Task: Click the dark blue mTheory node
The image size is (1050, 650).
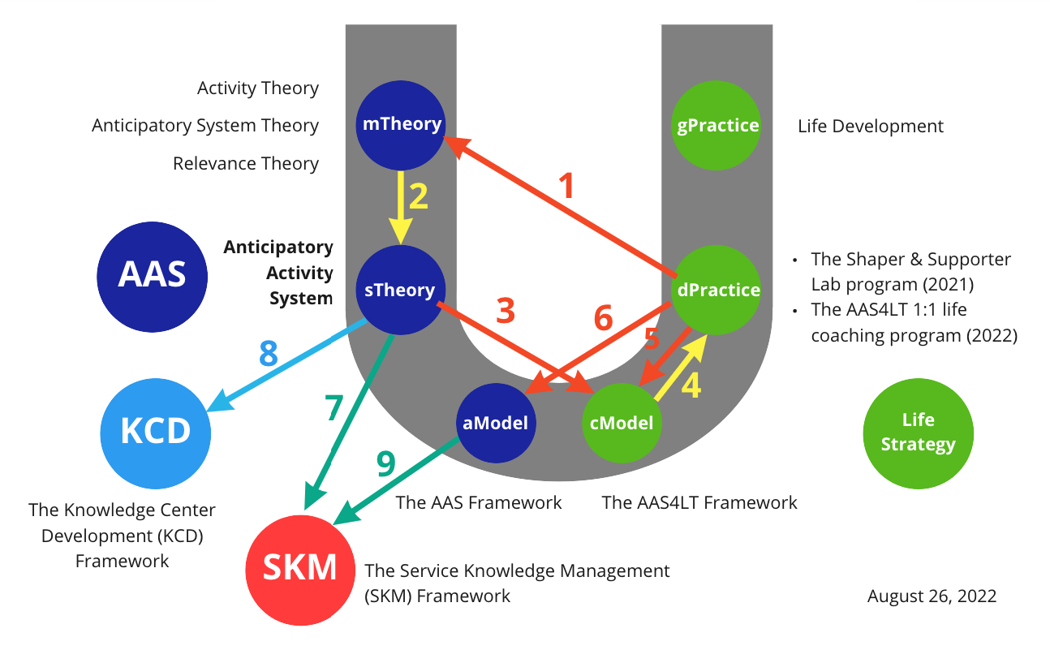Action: tap(401, 124)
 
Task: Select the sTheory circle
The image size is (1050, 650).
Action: tap(400, 290)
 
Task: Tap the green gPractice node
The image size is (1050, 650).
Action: tap(717, 125)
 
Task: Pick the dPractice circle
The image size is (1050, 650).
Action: tap(717, 290)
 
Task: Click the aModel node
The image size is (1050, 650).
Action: tap(496, 423)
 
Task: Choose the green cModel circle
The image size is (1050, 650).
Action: tap(622, 423)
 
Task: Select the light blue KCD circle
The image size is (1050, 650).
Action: tap(156, 431)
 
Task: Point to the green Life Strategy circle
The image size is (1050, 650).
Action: tap(918, 433)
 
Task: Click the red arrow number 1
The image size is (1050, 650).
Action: tap(568, 186)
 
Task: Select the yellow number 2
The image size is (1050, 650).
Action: tap(418, 197)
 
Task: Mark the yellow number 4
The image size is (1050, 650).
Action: tap(690, 386)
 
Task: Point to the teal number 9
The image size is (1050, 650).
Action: tap(385, 465)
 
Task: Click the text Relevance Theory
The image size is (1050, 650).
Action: tap(245, 164)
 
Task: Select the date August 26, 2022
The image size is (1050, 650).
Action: tap(932, 596)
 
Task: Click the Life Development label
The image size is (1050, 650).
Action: tap(871, 127)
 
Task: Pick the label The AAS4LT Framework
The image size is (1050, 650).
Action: tap(699, 503)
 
